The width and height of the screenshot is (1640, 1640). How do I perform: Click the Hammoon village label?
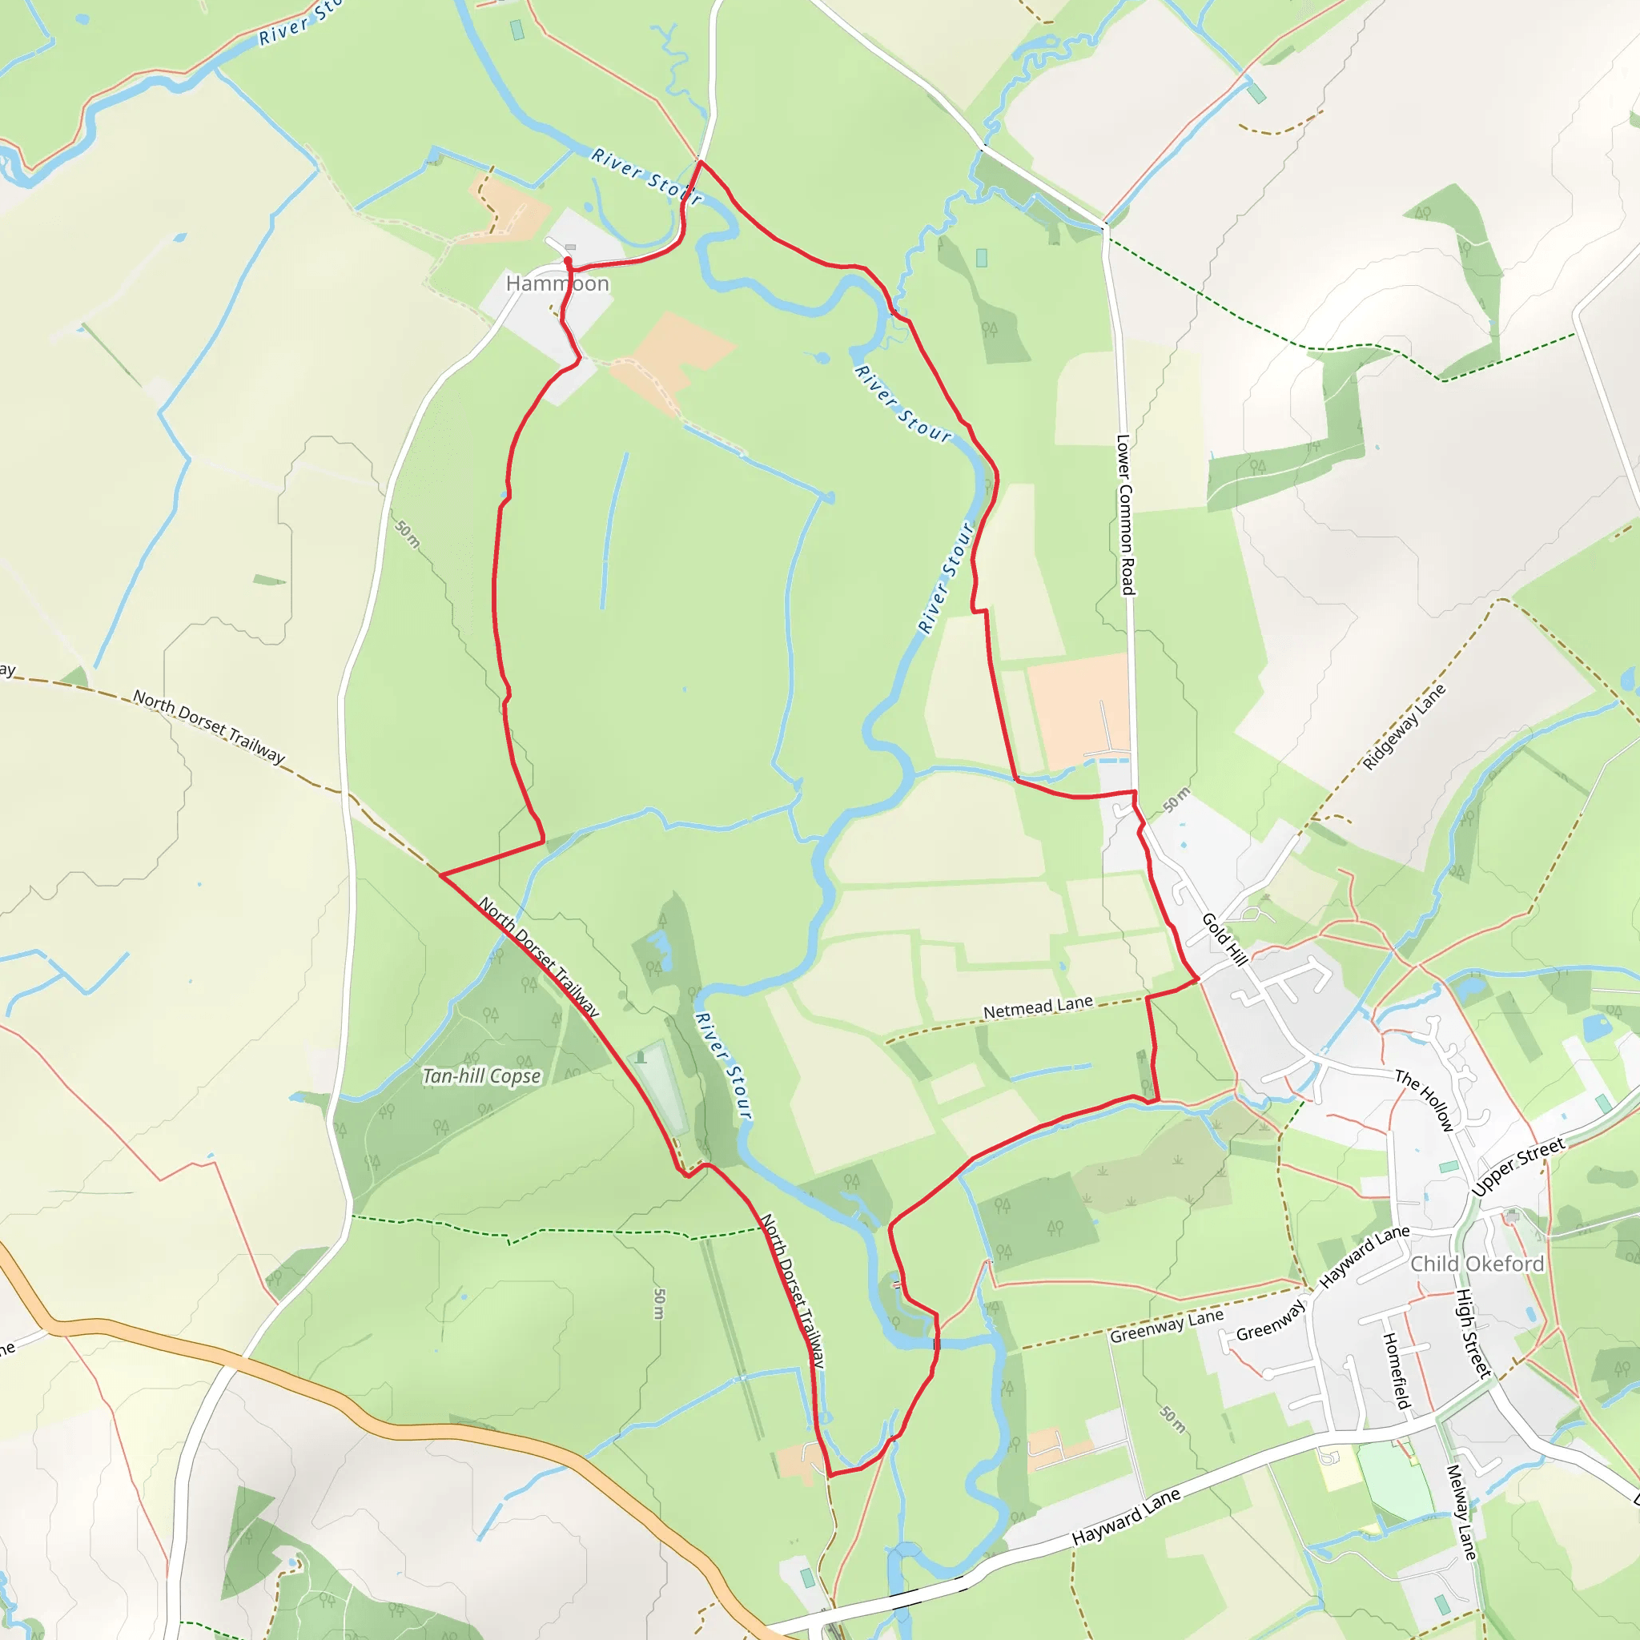(557, 283)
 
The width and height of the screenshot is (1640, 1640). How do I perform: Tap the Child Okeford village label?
(1476, 1264)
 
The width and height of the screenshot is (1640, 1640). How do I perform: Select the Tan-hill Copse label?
(481, 1076)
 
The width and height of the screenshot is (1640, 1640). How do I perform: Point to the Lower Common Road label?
(1125, 515)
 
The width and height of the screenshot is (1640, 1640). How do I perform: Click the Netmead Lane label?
(1037, 1007)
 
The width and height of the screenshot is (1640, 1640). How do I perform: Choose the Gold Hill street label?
(1224, 939)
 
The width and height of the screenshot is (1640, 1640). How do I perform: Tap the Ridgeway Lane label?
(1404, 727)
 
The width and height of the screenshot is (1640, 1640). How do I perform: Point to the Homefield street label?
(1396, 1370)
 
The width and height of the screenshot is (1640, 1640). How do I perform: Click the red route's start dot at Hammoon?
(567, 260)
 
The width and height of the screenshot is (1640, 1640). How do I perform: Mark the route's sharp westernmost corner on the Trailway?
(440, 874)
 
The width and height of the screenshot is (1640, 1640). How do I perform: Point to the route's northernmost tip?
(699, 160)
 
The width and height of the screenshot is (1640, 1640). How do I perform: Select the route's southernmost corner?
(830, 1475)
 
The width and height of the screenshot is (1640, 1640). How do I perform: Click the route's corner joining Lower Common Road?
(1134, 792)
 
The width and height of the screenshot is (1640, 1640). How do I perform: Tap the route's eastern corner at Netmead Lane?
(1198, 980)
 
